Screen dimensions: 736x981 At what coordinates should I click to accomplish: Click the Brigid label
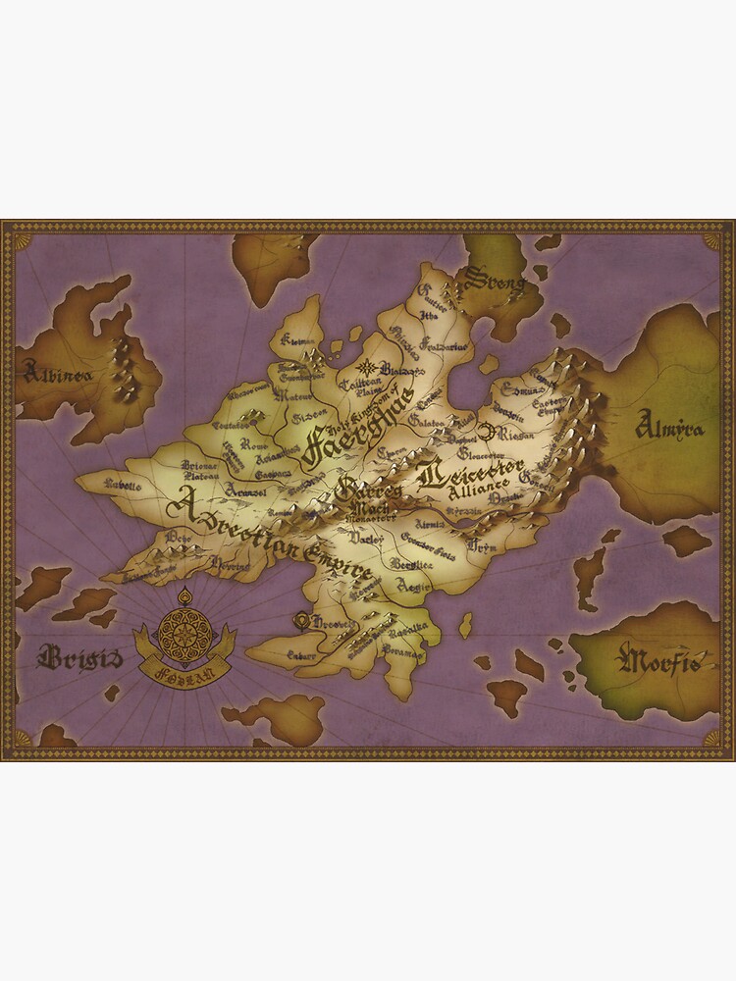(79, 656)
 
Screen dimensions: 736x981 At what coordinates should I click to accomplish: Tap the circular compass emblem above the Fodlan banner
(184, 628)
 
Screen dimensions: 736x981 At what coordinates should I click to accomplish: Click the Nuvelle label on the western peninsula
(124, 486)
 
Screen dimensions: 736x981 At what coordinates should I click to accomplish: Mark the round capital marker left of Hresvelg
(301, 620)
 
